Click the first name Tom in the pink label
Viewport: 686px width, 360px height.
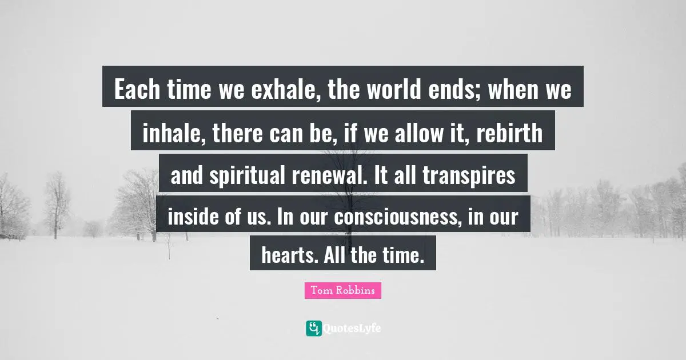click(320, 291)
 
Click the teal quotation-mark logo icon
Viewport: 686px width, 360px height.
click(313, 328)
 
